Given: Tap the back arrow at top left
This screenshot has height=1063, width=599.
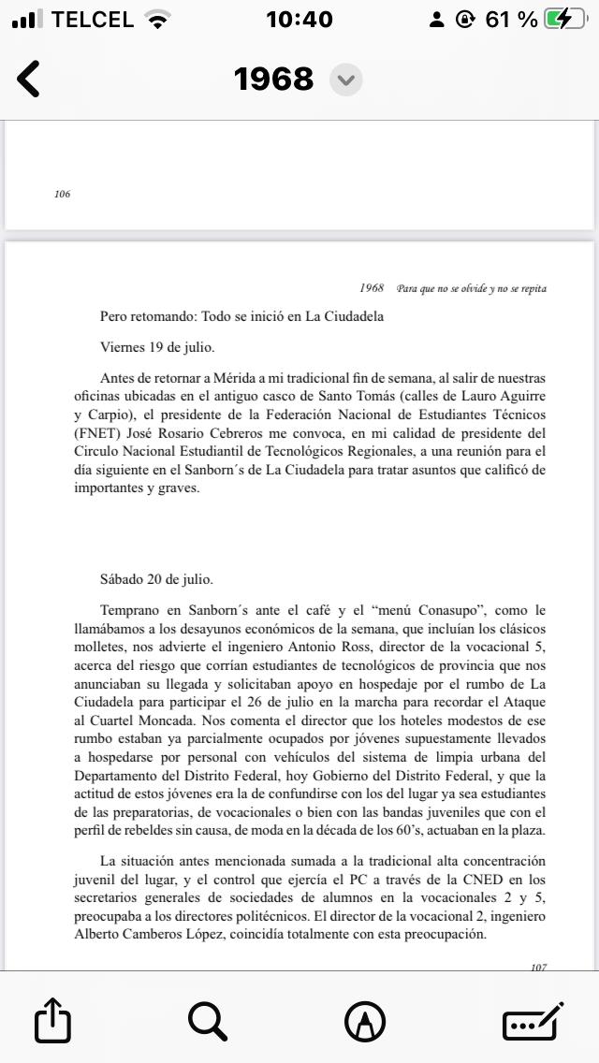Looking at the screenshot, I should point(29,80).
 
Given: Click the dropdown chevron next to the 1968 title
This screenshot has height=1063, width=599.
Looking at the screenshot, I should point(346,80).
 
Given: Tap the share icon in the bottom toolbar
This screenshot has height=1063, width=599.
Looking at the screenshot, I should point(52,1021).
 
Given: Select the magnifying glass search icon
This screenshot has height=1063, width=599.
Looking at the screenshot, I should point(208,1020).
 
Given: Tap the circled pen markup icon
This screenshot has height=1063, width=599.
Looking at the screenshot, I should point(365,1021).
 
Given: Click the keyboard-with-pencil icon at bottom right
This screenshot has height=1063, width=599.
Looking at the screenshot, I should point(533,1020).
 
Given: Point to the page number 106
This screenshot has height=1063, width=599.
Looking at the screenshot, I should point(63,195).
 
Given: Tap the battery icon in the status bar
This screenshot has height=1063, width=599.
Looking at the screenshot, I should point(568,20).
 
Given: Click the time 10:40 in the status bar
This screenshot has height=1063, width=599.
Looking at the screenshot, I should point(299,20).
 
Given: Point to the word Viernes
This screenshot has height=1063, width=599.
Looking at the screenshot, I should point(123,347).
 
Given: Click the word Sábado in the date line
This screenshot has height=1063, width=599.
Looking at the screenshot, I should point(124,579).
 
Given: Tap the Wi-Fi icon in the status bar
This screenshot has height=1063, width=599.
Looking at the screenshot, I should point(160,20).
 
